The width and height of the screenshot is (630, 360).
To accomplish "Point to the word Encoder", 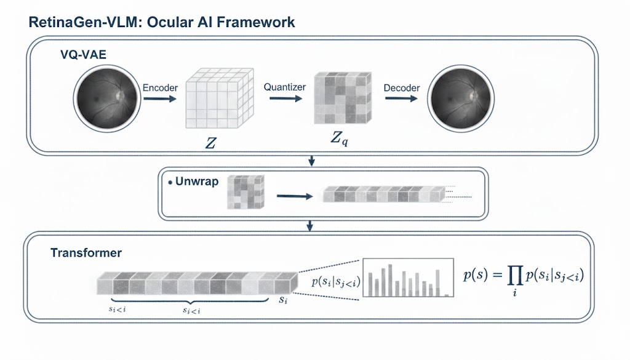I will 160,88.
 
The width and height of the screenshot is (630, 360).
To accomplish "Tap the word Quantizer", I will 284,87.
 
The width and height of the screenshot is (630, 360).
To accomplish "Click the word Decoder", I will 401,88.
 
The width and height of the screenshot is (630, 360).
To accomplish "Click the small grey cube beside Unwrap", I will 245,192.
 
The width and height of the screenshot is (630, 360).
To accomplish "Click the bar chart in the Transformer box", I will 407,278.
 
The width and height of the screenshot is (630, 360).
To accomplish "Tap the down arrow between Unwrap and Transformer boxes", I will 311,227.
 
